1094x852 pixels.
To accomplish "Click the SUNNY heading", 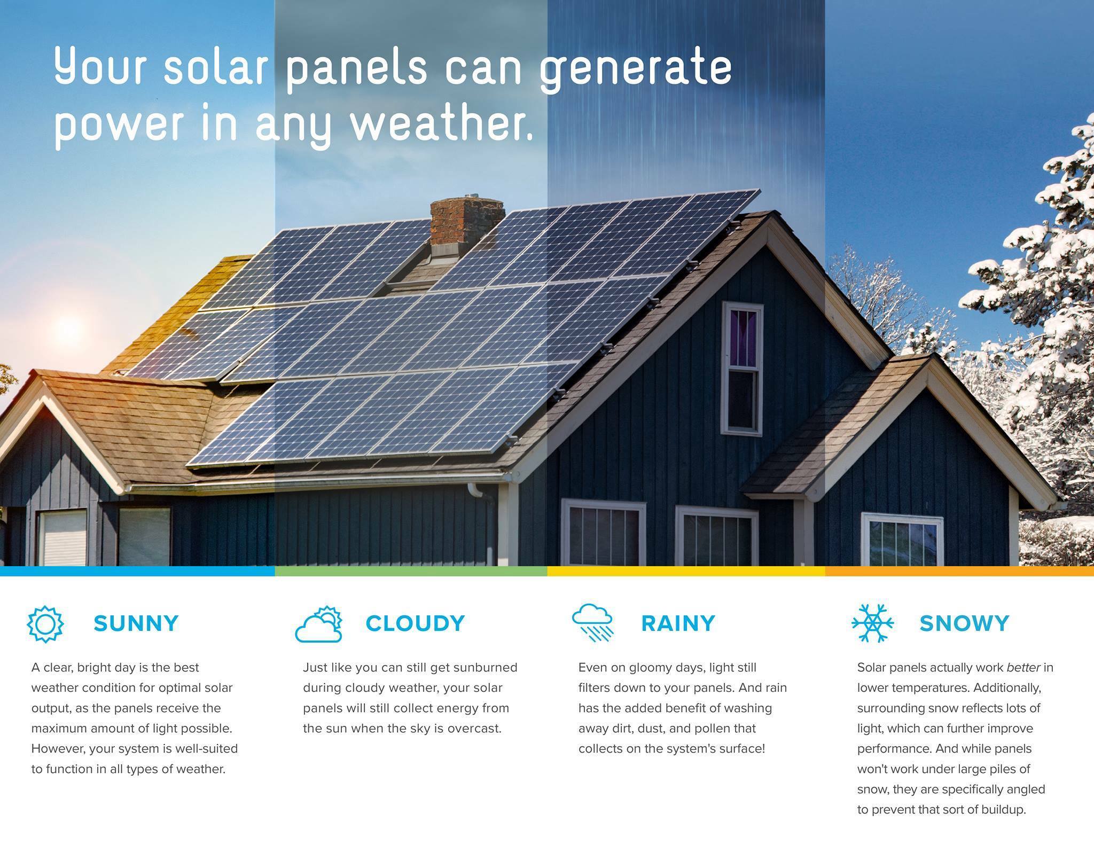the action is tap(136, 623).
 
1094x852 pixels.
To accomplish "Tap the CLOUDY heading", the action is tap(415, 623).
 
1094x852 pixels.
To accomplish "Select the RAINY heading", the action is tap(678, 623).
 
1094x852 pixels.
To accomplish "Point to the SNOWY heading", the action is tap(964, 623).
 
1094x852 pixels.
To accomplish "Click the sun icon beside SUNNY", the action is tap(45, 624).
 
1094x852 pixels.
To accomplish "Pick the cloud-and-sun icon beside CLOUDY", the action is tap(319, 624).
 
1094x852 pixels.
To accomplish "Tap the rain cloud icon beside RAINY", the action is tap(592, 623).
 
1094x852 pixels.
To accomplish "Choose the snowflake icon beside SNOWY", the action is tap(872, 623).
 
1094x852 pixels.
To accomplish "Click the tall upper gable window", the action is tap(742, 369).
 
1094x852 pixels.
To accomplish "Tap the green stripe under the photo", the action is tap(411, 571).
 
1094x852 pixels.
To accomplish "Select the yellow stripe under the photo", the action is tap(686, 571).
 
